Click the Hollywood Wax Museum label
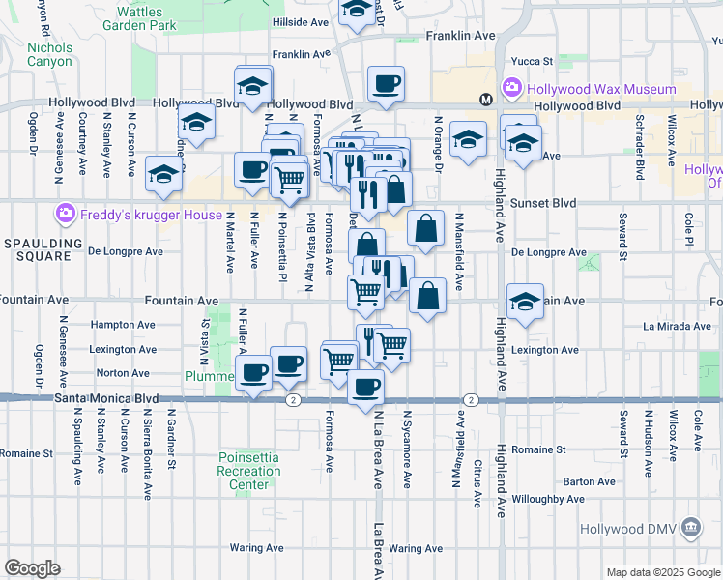point(600,89)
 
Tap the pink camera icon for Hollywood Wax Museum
point(512,89)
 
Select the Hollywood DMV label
point(641,529)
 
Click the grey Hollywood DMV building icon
point(691,528)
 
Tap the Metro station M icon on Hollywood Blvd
point(485,99)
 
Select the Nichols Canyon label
point(49,54)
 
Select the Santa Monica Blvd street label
point(106,397)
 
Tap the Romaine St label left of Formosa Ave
point(26,452)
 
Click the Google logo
point(32,567)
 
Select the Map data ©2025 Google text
point(663,573)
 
